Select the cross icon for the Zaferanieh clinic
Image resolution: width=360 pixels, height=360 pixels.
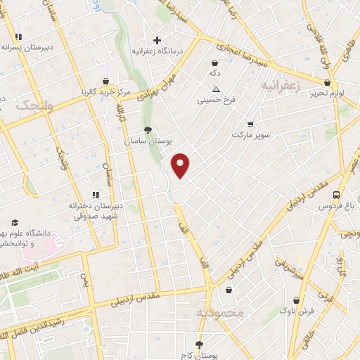157,40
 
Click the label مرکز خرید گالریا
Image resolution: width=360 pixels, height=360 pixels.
105,92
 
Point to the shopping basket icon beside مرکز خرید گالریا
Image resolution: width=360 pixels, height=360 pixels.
105,81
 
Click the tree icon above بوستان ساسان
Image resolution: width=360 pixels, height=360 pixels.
148,130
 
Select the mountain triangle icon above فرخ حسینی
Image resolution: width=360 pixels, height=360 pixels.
217,89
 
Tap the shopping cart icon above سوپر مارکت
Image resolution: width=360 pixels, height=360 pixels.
250,124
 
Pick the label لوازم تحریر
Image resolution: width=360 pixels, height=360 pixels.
328,93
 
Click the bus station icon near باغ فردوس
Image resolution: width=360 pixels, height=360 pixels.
337,195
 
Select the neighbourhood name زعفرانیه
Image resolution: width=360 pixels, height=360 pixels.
280,84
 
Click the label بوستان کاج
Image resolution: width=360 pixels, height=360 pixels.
199,356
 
